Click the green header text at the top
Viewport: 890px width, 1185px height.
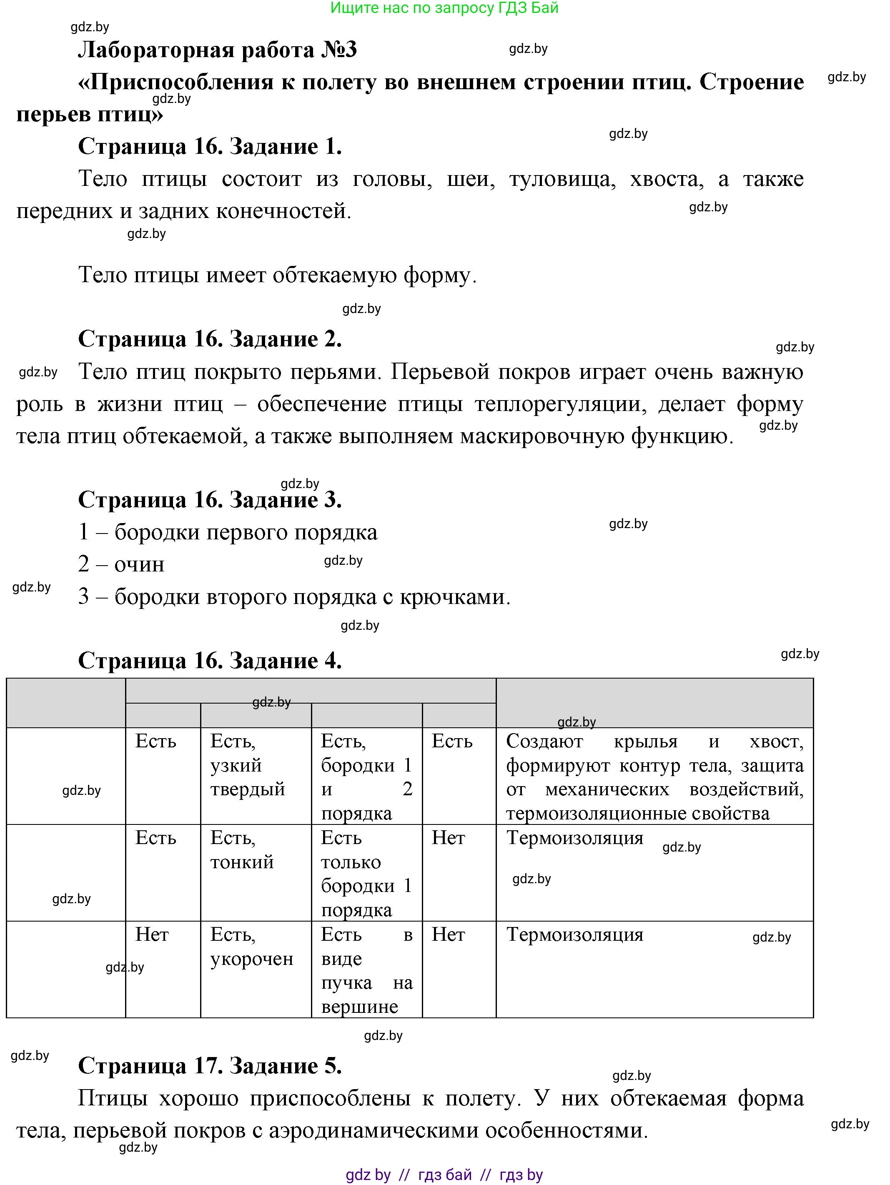pyautogui.click(x=444, y=8)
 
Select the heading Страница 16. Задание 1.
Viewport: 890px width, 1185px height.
pyautogui.click(x=210, y=146)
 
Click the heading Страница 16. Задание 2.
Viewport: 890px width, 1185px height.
pyautogui.click(x=210, y=339)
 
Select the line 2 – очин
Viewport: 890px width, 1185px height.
pyautogui.click(x=121, y=564)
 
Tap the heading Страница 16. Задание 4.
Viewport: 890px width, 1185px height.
pyautogui.click(x=210, y=661)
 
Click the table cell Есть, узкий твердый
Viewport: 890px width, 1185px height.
pyautogui.click(x=248, y=765)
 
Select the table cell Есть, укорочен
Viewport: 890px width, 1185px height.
pyautogui.click(x=251, y=946)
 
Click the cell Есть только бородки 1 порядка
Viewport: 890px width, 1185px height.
pyautogui.click(x=366, y=874)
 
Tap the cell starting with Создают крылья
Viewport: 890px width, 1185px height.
pyautogui.click(x=654, y=777)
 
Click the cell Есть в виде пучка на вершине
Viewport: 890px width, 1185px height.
pyautogui.click(x=366, y=970)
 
